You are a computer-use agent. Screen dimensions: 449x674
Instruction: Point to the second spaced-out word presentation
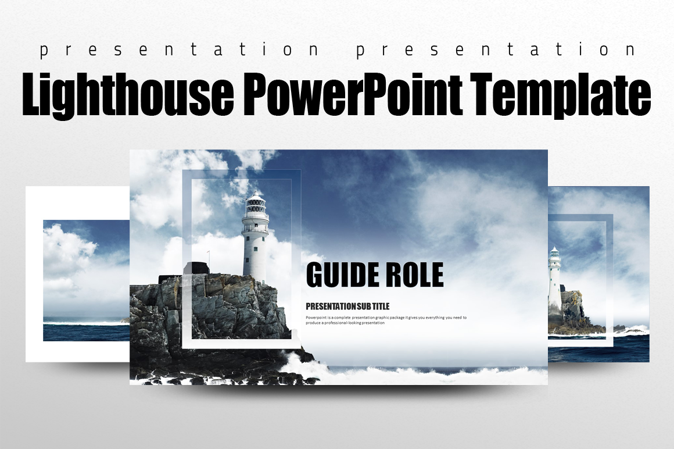[496, 51]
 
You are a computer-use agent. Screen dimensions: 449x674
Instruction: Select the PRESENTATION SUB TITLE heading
[347, 306]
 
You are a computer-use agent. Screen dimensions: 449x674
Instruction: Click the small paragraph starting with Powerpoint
[385, 320]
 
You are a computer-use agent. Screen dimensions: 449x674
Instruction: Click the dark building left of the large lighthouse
[195, 269]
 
